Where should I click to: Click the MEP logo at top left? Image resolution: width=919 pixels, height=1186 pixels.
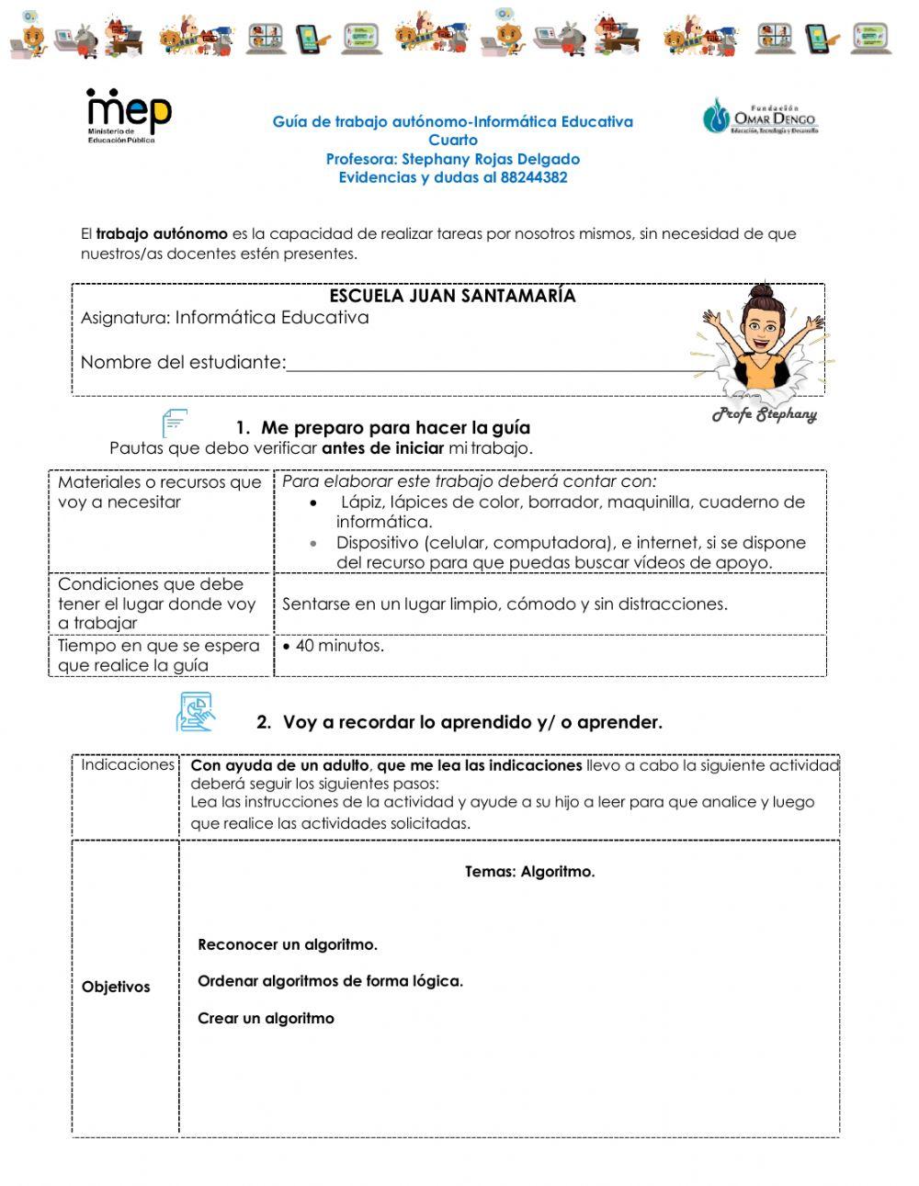tap(129, 115)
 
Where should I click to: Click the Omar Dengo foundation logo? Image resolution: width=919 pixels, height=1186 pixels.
tap(760, 117)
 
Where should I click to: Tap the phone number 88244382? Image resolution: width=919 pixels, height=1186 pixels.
tap(534, 177)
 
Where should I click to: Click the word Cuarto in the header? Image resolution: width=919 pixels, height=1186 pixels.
tap(453, 140)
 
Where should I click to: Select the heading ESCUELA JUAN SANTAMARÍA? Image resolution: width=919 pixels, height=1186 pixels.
tap(452, 296)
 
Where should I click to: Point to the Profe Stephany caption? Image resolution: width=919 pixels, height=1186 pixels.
tap(764, 414)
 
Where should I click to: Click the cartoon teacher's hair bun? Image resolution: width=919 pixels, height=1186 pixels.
tap(760, 293)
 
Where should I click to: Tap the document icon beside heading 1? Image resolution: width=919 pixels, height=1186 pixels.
tap(175, 424)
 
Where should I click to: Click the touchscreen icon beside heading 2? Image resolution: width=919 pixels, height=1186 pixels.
tap(194, 712)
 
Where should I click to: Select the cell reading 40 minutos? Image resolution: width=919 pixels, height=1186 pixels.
tap(339, 646)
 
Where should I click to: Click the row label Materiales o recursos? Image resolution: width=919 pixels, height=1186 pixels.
tap(159, 491)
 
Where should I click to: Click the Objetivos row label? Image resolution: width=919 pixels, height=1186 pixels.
tap(116, 987)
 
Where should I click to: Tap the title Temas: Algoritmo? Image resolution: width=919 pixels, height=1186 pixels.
tap(529, 872)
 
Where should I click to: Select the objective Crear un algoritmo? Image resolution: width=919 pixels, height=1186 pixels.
tap(266, 1018)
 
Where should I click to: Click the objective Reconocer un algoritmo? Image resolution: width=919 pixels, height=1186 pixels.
tap(287, 944)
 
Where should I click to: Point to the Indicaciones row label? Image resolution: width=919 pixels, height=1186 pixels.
tap(127, 764)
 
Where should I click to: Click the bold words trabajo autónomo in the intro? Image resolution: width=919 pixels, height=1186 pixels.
tap(162, 233)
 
